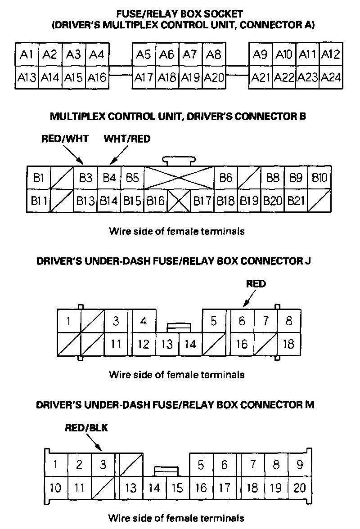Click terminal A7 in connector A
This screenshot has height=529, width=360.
pos(190,55)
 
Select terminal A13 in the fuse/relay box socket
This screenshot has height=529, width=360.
pos(27,78)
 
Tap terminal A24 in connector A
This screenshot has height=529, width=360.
pos(331,78)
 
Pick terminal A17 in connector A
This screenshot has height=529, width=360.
pos(144,78)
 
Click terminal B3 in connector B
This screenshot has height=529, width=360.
pos(85,178)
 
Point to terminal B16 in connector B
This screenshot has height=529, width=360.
pos(155,201)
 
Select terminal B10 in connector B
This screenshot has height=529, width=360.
pos(319,178)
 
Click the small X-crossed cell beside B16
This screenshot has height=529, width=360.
pos(179,201)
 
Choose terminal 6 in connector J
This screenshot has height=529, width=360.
pos(242,321)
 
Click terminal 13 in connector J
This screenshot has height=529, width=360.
pos(167,345)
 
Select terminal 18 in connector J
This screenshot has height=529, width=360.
pos(288,345)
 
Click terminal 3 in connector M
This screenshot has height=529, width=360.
pos(103,465)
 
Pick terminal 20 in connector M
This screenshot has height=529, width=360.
pos(299,488)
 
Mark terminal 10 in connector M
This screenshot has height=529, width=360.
pos(56,488)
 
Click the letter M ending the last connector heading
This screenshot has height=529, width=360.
pos(309,404)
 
